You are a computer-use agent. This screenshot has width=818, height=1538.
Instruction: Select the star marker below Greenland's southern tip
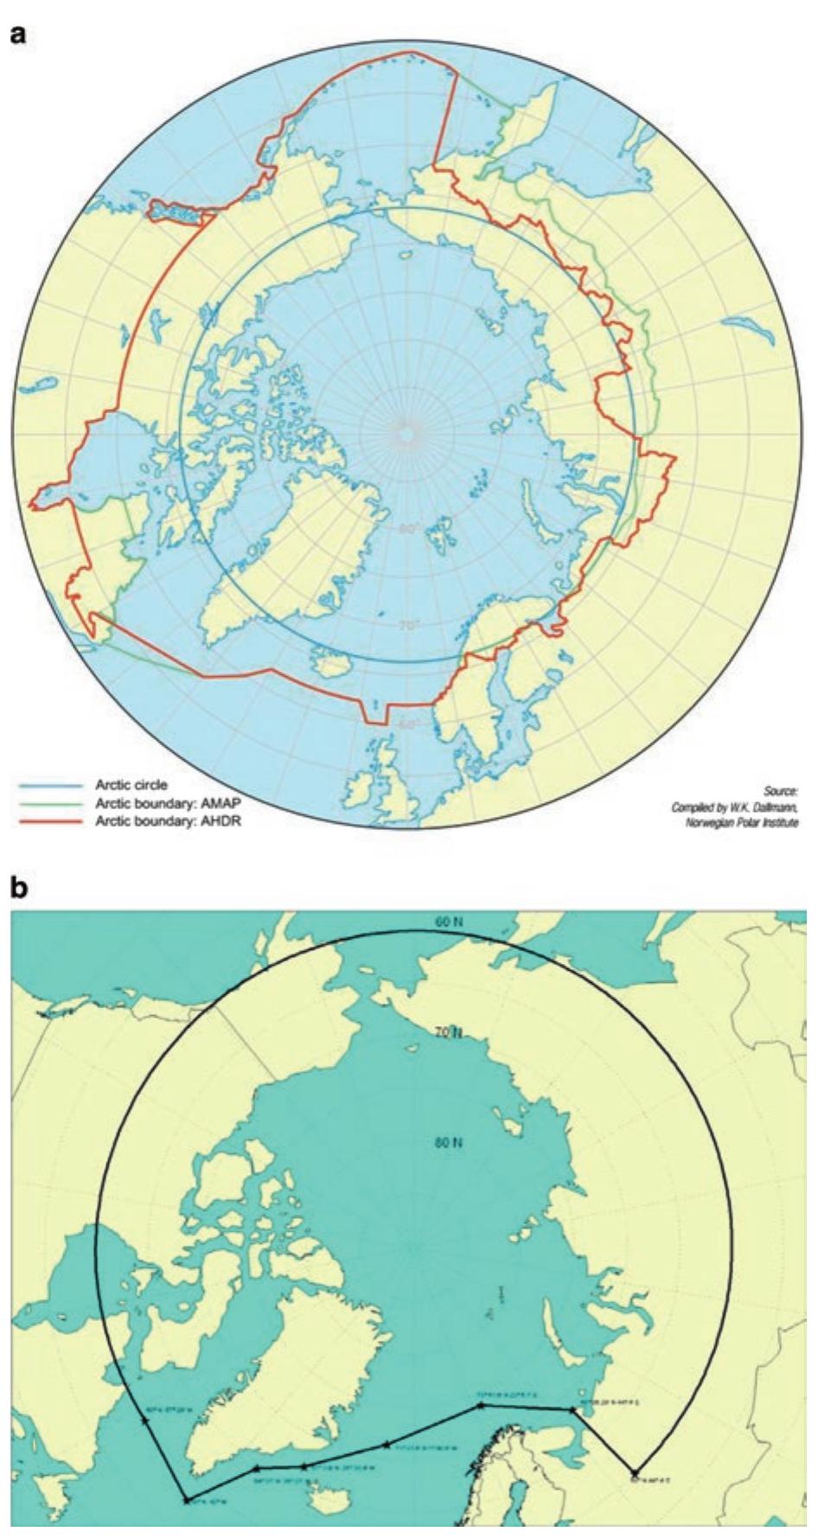tap(187, 1500)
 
